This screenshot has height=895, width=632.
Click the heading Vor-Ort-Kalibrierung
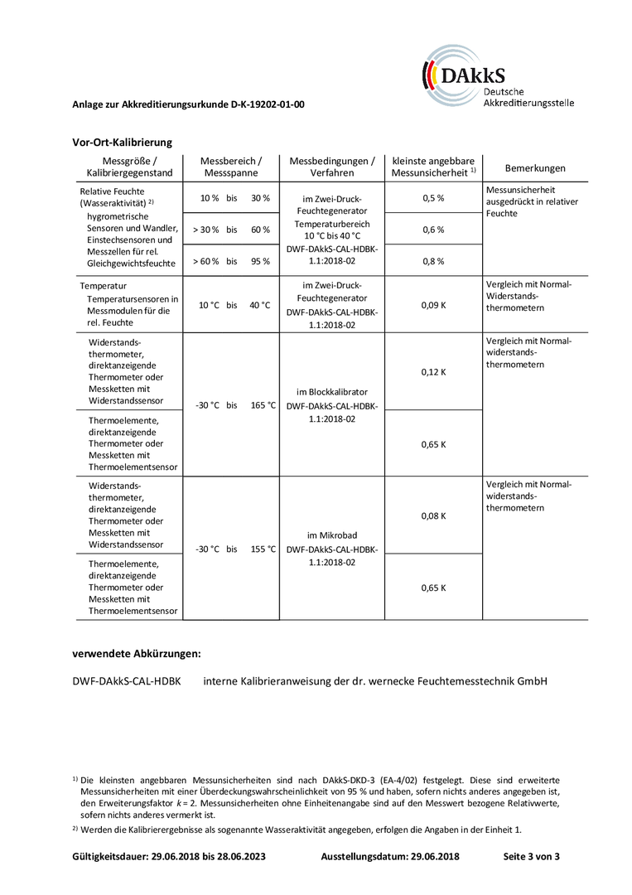coord(122,143)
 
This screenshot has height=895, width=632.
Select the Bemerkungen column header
coord(535,168)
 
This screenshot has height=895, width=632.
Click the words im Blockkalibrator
coord(332,392)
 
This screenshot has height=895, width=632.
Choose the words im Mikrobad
coord(332,535)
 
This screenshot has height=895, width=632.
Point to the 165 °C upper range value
coord(263,405)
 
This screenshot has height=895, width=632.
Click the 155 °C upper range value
coord(263,549)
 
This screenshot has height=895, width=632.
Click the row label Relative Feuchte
coord(113,191)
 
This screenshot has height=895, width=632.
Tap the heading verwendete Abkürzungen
coord(137,654)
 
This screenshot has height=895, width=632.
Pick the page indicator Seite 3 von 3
coord(531,856)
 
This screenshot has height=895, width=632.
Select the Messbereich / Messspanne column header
coord(232,167)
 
